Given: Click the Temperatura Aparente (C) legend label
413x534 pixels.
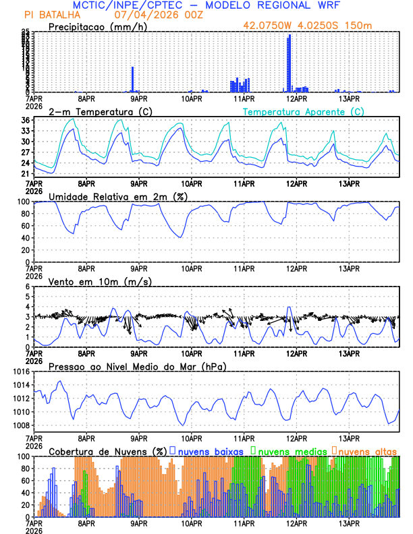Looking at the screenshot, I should click(303, 111).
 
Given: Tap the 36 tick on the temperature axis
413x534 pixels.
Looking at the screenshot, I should click(24, 121).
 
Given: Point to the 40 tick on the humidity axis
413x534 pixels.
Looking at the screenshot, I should click(24, 238).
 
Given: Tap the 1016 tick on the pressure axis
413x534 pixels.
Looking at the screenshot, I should click(19, 372).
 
